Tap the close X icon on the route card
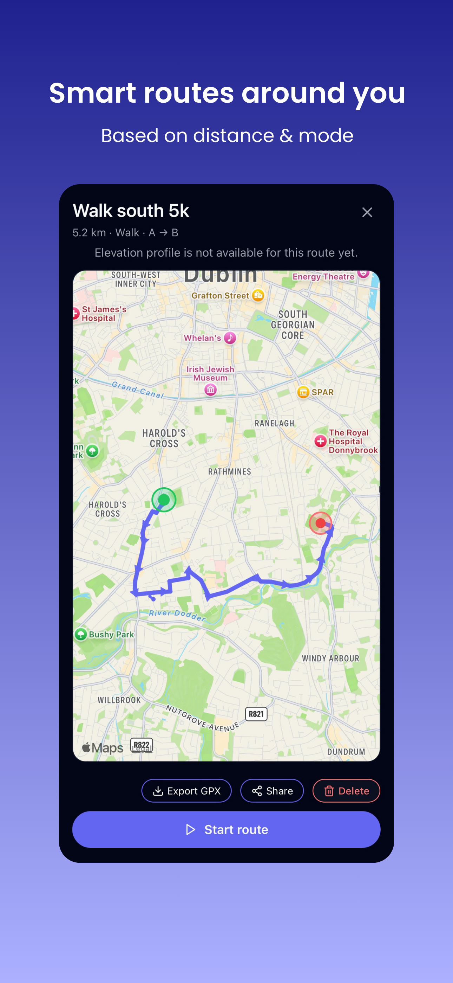367,212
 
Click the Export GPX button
186,791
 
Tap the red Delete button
346,791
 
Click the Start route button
226,830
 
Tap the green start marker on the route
164,500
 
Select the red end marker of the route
321,523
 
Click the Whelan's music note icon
230,338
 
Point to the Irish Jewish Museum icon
210,390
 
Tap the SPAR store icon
303,392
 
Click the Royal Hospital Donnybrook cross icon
320,441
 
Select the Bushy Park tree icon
81,634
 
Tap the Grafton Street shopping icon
258,295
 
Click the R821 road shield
256,714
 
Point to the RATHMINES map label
230,472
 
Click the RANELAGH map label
275,423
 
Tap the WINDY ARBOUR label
330,658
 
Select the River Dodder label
177,615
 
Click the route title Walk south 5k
131,211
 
